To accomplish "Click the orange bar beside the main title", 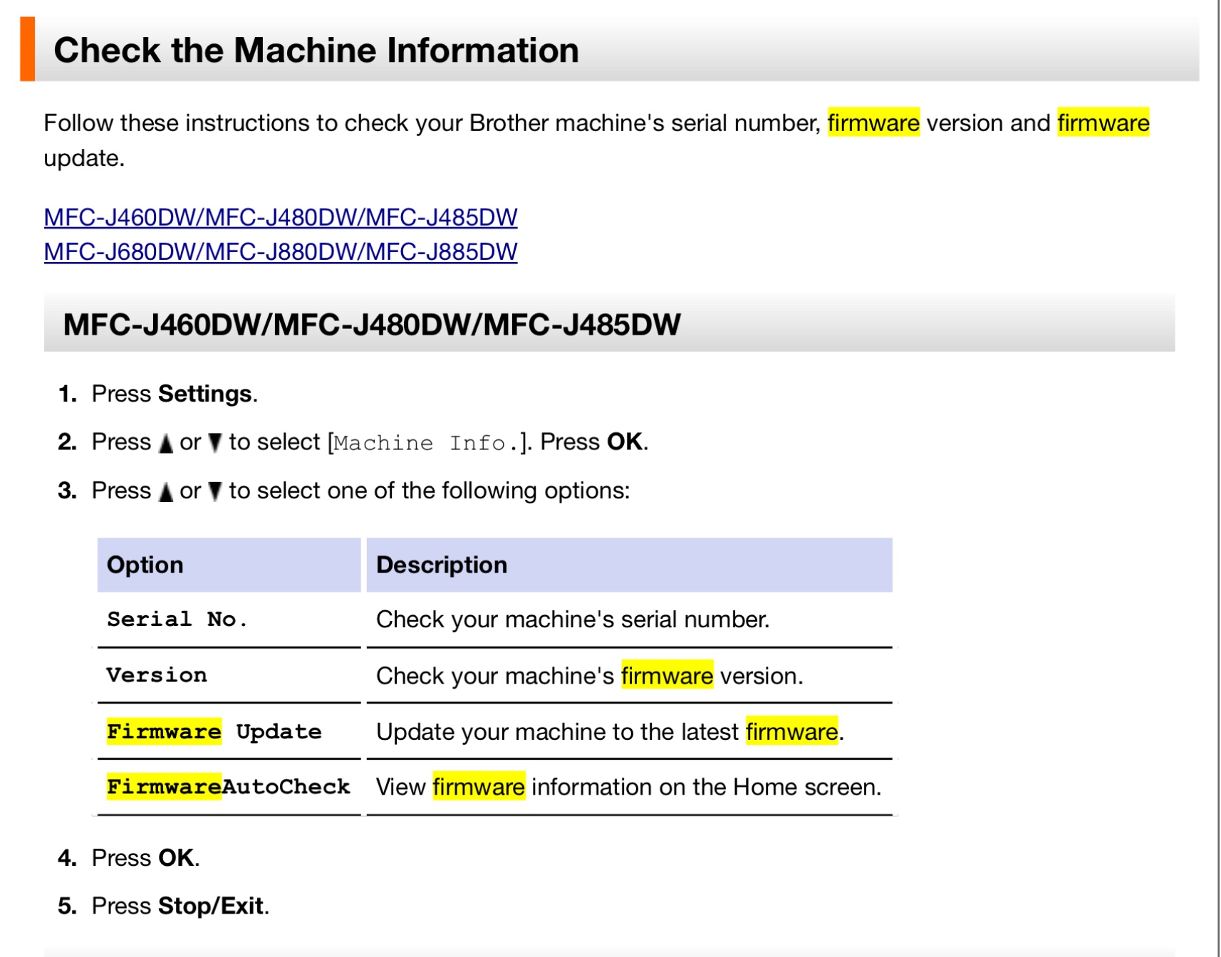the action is (27, 48).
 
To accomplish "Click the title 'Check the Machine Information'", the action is (316, 50).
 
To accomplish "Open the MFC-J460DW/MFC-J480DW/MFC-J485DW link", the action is (281, 217).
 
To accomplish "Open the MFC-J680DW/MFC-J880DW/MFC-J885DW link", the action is (281, 251).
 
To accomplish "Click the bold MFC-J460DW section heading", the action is (372, 325).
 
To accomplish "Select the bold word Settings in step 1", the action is (205, 394).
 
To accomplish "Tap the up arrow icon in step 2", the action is (166, 444).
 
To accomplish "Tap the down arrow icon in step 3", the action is (215, 491).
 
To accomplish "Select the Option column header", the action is (145, 565).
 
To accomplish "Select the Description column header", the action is (442, 565).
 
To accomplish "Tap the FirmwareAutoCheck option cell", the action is (229, 787).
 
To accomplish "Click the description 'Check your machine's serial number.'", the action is (573, 619).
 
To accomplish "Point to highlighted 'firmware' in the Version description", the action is (667, 675).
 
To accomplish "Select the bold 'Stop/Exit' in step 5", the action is (211, 906).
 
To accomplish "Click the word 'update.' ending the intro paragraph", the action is (84, 158).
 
